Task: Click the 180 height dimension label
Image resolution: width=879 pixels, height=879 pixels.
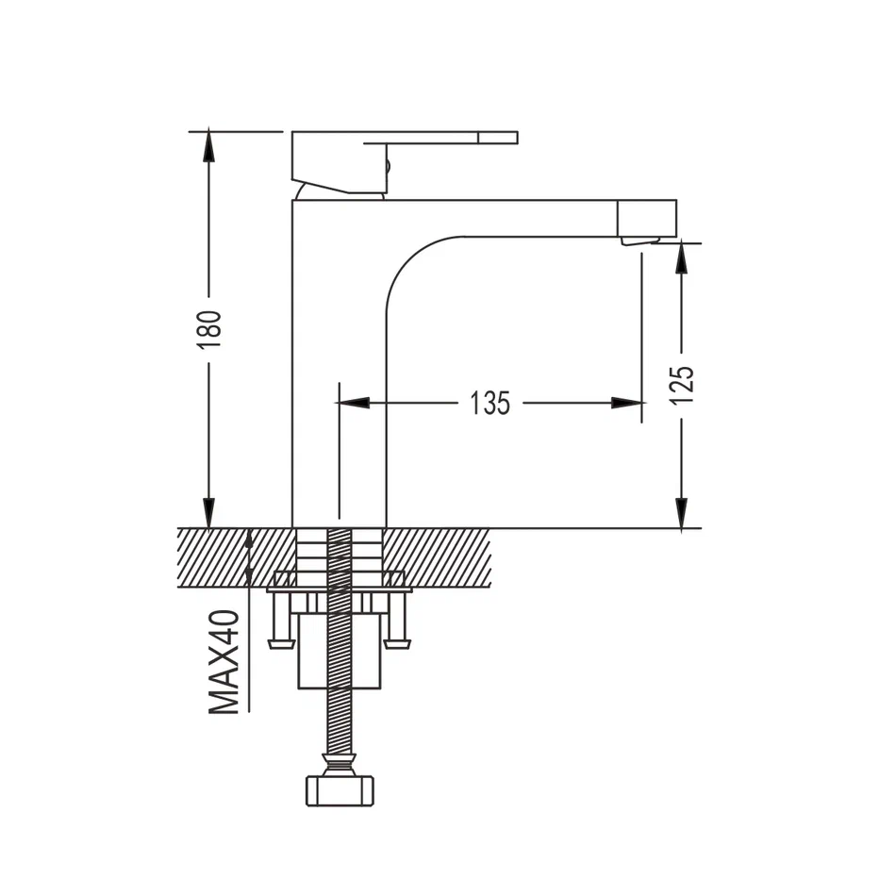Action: pos(209,329)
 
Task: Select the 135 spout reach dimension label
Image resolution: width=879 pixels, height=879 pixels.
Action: pos(489,403)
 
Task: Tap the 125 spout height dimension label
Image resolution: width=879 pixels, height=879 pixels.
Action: pos(682,385)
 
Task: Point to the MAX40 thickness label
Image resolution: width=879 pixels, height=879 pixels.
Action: pos(224,662)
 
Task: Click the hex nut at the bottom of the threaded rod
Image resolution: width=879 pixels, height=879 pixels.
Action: pos(340,790)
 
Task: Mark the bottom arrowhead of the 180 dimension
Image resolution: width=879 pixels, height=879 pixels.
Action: pos(208,513)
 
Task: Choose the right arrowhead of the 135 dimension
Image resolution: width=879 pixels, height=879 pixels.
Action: pos(626,403)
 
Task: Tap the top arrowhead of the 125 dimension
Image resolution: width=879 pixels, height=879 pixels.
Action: pos(681,257)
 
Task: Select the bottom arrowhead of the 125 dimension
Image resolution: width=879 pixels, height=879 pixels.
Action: pos(681,513)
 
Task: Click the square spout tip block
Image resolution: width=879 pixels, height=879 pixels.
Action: pos(647,218)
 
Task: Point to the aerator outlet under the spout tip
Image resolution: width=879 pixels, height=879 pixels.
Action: pos(640,240)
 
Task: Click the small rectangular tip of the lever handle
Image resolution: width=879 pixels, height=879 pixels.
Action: pos(498,138)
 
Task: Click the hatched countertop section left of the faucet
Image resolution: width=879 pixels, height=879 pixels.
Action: pos(236,557)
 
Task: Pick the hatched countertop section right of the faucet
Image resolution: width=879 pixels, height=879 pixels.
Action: pos(438,557)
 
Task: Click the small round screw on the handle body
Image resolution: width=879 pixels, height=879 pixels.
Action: pos(388,167)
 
